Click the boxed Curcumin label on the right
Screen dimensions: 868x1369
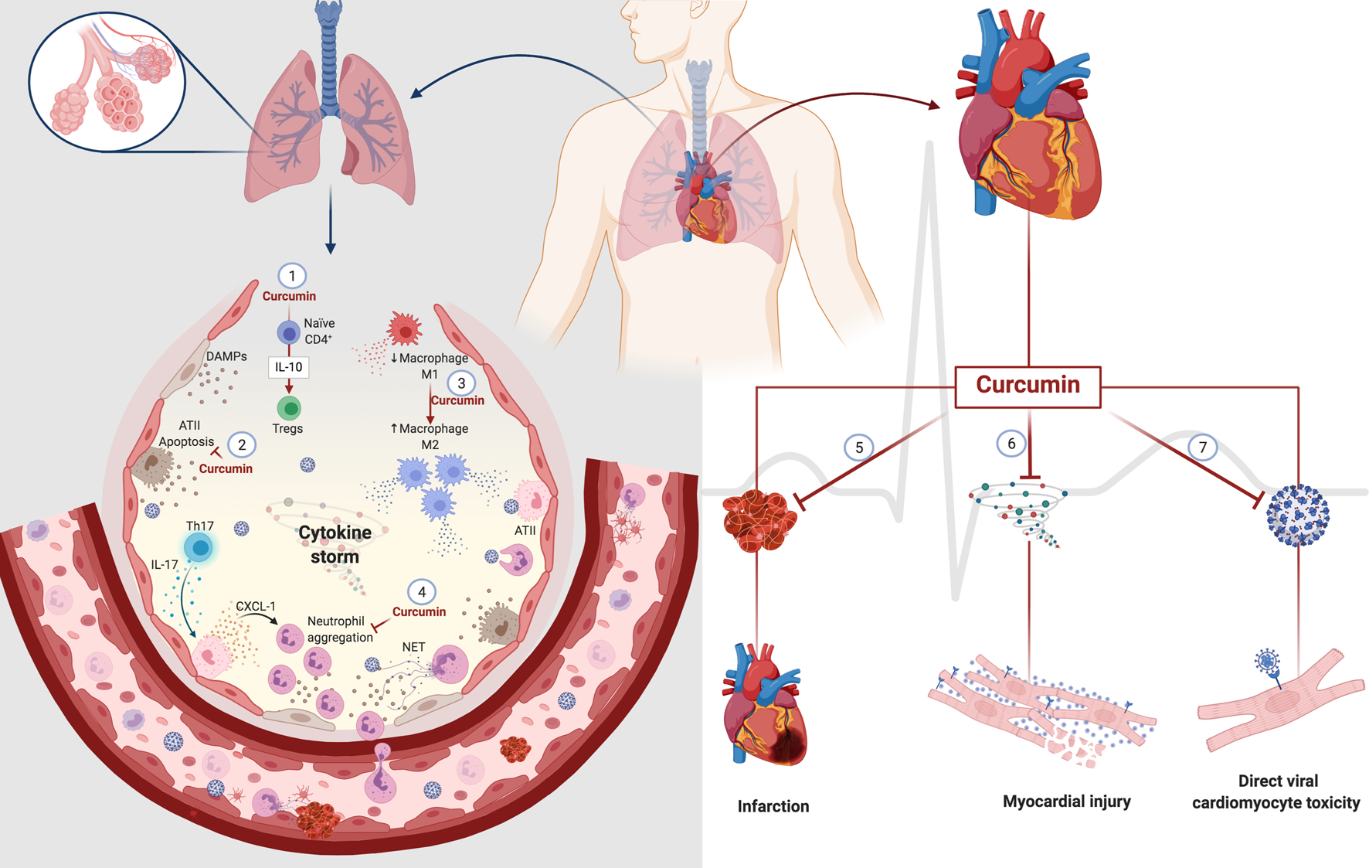pyautogui.click(x=1028, y=386)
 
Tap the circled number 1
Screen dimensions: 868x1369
pyautogui.click(x=291, y=276)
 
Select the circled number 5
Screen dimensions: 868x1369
pyautogui.click(x=858, y=448)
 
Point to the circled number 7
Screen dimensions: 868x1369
pyautogui.click(x=1202, y=448)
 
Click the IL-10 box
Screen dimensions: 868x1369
pyautogui.click(x=288, y=367)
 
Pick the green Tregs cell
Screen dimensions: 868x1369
pyautogui.click(x=289, y=407)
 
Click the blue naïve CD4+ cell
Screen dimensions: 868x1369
pyautogui.click(x=288, y=333)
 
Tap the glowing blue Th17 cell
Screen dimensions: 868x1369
pyautogui.click(x=200, y=548)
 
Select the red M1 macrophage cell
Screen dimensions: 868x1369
pyautogui.click(x=404, y=330)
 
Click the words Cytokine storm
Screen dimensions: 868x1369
pyautogui.click(x=335, y=544)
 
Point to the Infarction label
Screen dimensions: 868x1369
pyautogui.click(x=773, y=806)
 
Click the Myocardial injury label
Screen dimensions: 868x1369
pyautogui.click(x=1066, y=802)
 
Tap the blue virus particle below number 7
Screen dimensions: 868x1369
pyautogui.click(x=1298, y=516)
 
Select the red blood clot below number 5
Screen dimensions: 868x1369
pyautogui.click(x=759, y=522)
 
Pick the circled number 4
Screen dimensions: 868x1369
pyautogui.click(x=421, y=592)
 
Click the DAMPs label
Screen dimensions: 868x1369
pyautogui.click(x=226, y=356)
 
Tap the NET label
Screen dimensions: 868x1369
pyautogui.click(x=413, y=647)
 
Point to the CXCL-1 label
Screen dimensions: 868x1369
pyautogui.click(x=255, y=607)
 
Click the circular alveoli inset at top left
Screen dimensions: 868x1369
pyautogui.click(x=107, y=82)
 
